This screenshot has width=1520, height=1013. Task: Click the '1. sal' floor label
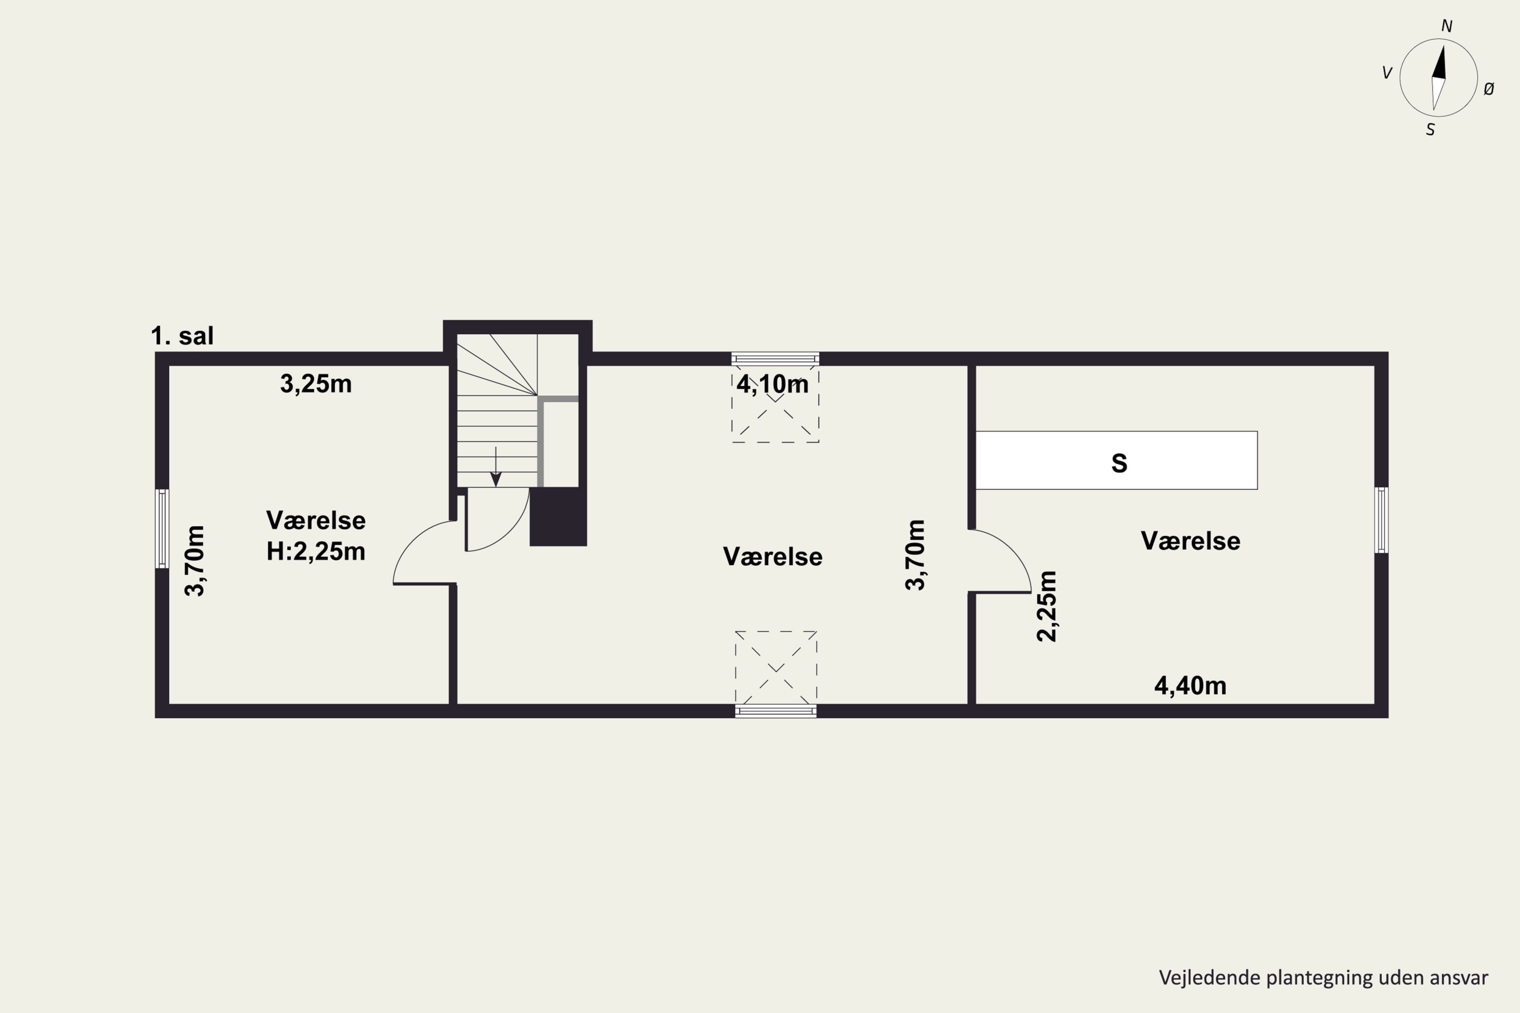click(182, 336)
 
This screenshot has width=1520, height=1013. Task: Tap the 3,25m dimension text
click(316, 384)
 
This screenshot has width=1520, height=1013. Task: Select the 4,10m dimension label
click(773, 384)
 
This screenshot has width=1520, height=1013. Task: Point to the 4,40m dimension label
click(1190, 685)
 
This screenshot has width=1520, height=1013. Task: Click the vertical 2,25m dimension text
click(1046, 606)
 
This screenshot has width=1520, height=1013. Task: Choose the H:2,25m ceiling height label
click(316, 551)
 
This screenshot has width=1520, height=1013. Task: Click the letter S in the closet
click(1119, 463)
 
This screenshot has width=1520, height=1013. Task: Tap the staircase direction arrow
click(496, 466)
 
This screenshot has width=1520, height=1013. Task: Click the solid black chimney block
click(558, 517)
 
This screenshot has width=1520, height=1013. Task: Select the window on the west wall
click(162, 528)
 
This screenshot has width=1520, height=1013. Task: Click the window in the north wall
click(776, 359)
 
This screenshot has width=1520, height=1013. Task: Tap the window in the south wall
click(776, 711)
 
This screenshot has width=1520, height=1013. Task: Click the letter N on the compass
click(1447, 26)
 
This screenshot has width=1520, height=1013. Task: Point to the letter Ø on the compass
click(1489, 89)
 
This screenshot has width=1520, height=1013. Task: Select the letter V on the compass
click(1386, 73)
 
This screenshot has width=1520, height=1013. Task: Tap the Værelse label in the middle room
click(773, 557)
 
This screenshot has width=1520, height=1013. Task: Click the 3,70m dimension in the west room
click(195, 561)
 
